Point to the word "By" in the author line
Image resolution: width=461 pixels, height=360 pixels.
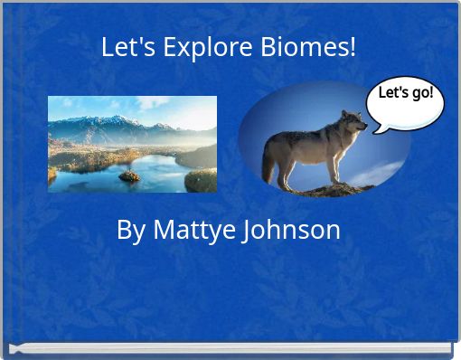click(131, 231)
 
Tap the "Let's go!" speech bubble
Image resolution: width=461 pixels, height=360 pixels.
click(405, 99)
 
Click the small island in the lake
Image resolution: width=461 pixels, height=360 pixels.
click(129, 175)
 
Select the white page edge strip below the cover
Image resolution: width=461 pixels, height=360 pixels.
click(230, 347)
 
